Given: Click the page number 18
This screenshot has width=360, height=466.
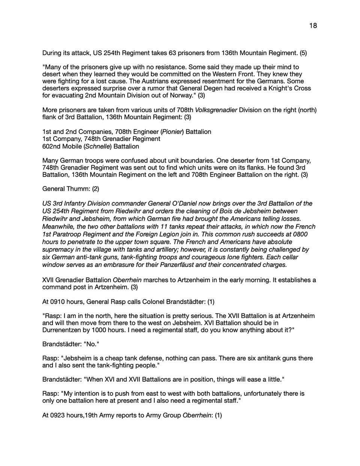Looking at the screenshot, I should click(313, 26).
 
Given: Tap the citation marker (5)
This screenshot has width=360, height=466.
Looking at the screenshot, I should click(303, 53).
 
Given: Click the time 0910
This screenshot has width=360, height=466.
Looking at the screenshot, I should click(57, 301).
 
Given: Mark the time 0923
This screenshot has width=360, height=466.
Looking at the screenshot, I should click(57, 415).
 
